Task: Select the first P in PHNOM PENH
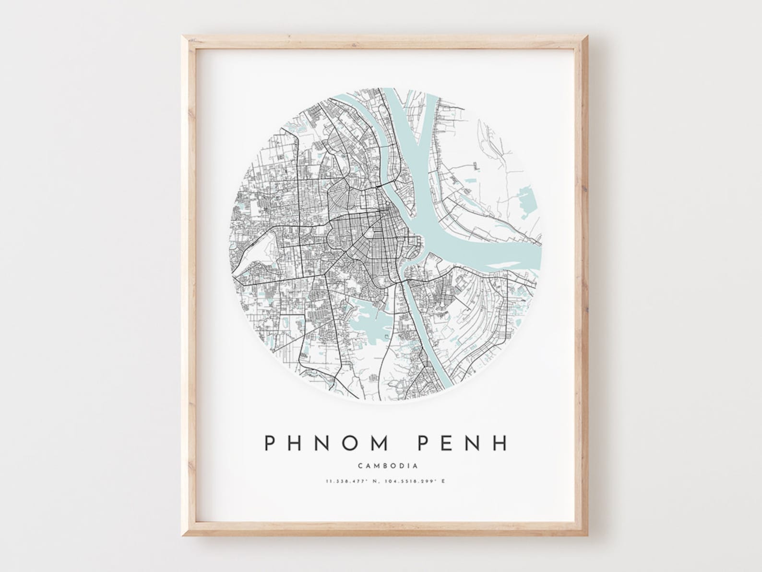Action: tap(271, 443)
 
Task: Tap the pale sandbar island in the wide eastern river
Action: tap(508, 264)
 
